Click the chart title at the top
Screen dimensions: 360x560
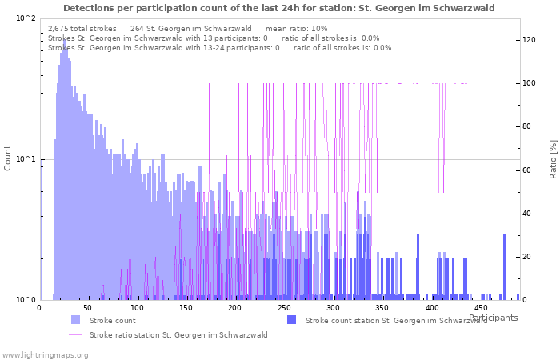click(x=279, y=8)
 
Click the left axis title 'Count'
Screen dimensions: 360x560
click(x=8, y=158)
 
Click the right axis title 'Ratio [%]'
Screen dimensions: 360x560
click(x=553, y=158)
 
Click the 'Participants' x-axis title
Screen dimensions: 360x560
click(x=493, y=318)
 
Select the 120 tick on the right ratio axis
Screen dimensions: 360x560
click(x=530, y=40)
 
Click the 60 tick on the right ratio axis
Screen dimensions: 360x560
click(x=528, y=170)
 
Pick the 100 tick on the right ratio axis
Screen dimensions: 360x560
click(x=530, y=83)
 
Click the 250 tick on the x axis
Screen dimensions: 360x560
click(x=284, y=308)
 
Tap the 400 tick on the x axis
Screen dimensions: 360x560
click(x=431, y=308)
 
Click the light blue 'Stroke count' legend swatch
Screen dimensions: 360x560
click(x=75, y=320)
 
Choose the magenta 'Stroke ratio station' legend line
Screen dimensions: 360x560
click(x=75, y=334)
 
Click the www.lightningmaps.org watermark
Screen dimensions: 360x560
click(x=45, y=354)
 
